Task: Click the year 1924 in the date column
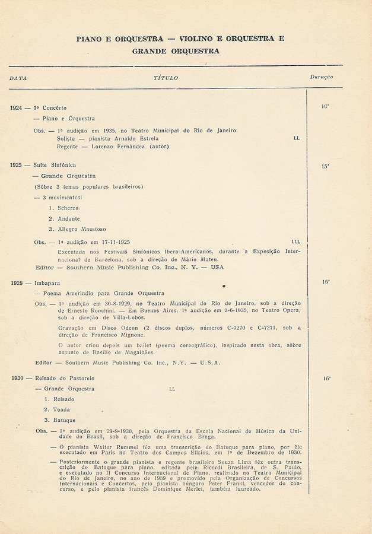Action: tap(16, 108)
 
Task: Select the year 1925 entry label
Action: tap(16, 165)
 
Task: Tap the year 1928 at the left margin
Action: tap(16, 283)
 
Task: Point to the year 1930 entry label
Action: tap(16, 378)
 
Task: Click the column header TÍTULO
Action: tap(166, 78)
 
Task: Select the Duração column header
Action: tap(321, 77)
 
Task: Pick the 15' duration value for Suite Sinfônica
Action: tap(325, 167)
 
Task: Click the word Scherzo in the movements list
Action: tap(68, 208)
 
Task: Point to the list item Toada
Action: tap(62, 409)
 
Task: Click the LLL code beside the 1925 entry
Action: tap(296, 242)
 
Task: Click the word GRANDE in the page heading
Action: tap(152, 51)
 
